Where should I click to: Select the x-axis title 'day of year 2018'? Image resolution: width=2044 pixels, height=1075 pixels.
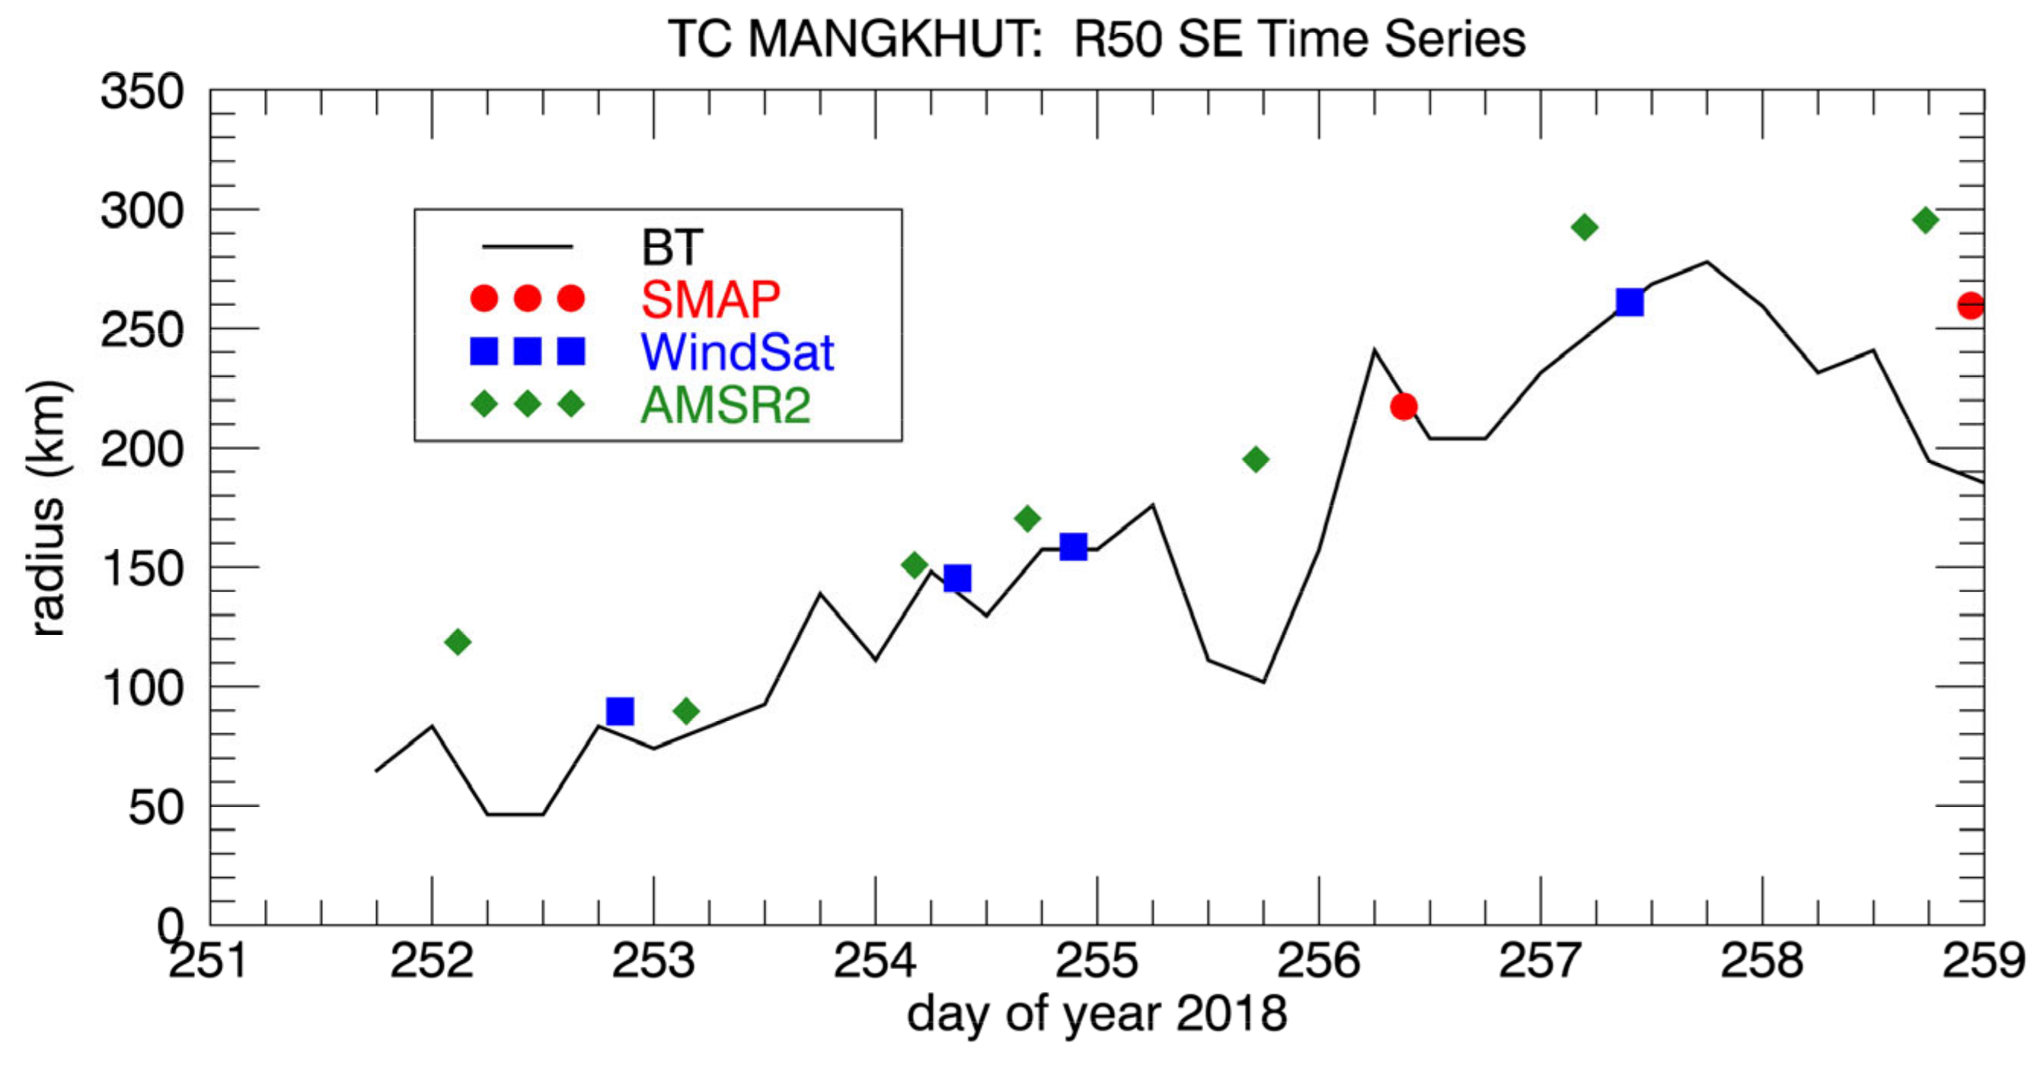click(x=1097, y=1014)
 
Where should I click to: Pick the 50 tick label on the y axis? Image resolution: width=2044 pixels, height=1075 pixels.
click(x=156, y=808)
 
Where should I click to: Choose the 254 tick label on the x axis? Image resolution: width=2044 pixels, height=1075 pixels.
click(x=874, y=962)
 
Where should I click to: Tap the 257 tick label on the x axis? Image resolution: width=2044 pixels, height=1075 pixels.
click(x=1540, y=962)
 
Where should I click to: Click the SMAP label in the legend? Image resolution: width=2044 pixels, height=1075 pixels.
click(x=711, y=299)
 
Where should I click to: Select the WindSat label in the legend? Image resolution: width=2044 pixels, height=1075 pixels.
click(x=737, y=352)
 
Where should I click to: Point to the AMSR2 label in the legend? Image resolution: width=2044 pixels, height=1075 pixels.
click(x=725, y=404)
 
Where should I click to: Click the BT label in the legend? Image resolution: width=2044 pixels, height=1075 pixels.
click(x=671, y=247)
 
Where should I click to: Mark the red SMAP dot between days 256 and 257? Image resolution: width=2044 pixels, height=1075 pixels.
click(x=1404, y=407)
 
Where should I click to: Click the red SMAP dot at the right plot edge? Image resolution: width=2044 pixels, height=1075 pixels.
click(x=1971, y=305)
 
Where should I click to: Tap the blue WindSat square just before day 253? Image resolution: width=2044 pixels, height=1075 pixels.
click(x=620, y=711)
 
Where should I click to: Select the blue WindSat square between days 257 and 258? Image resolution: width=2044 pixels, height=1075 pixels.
click(x=1629, y=302)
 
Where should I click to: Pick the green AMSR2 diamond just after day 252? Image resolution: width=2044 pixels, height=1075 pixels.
click(x=458, y=641)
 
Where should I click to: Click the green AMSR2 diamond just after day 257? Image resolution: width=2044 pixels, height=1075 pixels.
click(x=1584, y=228)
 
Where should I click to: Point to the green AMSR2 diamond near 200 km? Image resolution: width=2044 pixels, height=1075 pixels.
click(x=1255, y=459)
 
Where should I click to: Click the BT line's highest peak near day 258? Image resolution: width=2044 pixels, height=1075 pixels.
click(x=1707, y=262)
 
